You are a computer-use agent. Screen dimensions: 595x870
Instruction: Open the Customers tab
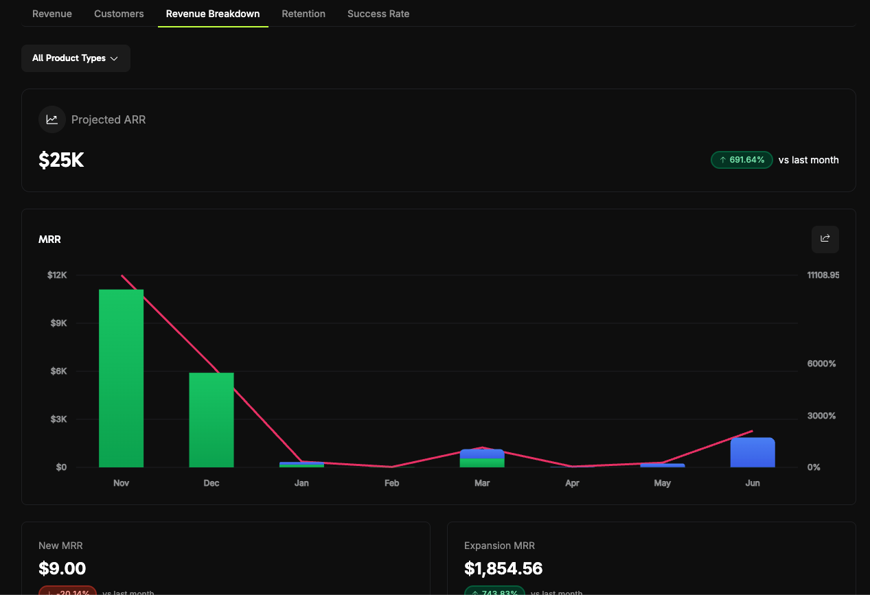click(x=119, y=14)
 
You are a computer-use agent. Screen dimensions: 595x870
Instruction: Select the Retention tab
click(x=304, y=14)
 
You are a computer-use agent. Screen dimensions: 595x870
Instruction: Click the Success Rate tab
click(x=378, y=14)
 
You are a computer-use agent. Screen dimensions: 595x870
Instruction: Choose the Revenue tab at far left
click(x=52, y=14)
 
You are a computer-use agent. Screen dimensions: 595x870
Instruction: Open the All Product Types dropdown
click(x=76, y=58)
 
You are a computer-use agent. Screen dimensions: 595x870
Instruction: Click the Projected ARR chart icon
click(x=52, y=119)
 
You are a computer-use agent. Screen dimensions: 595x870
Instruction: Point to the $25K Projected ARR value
click(x=61, y=161)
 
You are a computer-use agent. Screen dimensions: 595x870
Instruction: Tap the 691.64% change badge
click(x=742, y=160)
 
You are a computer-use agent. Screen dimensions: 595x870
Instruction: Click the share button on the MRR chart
click(x=825, y=239)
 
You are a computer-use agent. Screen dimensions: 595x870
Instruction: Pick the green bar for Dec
click(x=211, y=420)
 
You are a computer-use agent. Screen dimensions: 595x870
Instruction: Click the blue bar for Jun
click(x=753, y=453)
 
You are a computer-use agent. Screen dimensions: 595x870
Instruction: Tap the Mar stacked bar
click(x=482, y=458)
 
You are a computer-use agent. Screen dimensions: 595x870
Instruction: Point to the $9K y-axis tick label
click(x=58, y=323)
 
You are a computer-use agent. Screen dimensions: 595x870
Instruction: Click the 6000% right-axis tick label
click(x=821, y=364)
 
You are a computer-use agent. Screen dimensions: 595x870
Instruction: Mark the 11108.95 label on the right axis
click(x=823, y=275)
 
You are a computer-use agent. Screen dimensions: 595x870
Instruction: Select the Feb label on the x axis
click(x=391, y=483)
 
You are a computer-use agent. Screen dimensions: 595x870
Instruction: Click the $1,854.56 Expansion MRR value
click(x=503, y=568)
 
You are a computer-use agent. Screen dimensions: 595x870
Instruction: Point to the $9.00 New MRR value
click(x=62, y=568)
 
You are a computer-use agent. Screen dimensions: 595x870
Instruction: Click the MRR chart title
click(x=50, y=240)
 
